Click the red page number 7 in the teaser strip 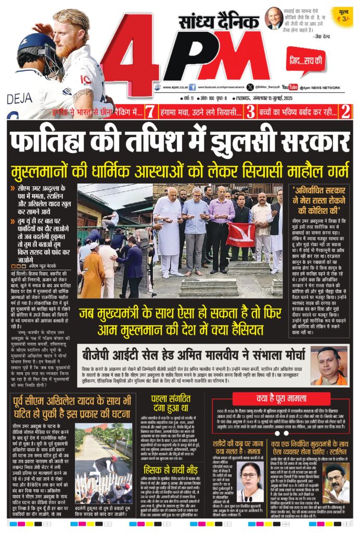(x=150, y=110)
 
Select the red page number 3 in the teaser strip (x=250, y=110)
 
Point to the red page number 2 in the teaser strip (x=345, y=110)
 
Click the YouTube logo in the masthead (x=290, y=87)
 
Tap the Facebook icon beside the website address (x=192, y=87)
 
